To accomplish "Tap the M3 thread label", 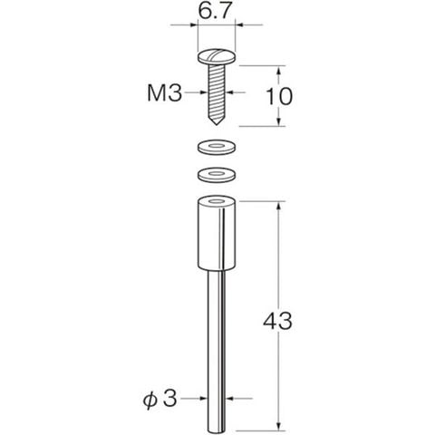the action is (x=165, y=93).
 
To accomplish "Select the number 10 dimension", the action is (x=279, y=96).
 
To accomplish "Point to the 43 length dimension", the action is (x=277, y=321).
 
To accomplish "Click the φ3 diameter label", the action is (x=159, y=399).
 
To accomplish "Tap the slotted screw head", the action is (x=217, y=57).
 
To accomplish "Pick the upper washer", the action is (x=217, y=147).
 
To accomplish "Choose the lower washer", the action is (x=217, y=175).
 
